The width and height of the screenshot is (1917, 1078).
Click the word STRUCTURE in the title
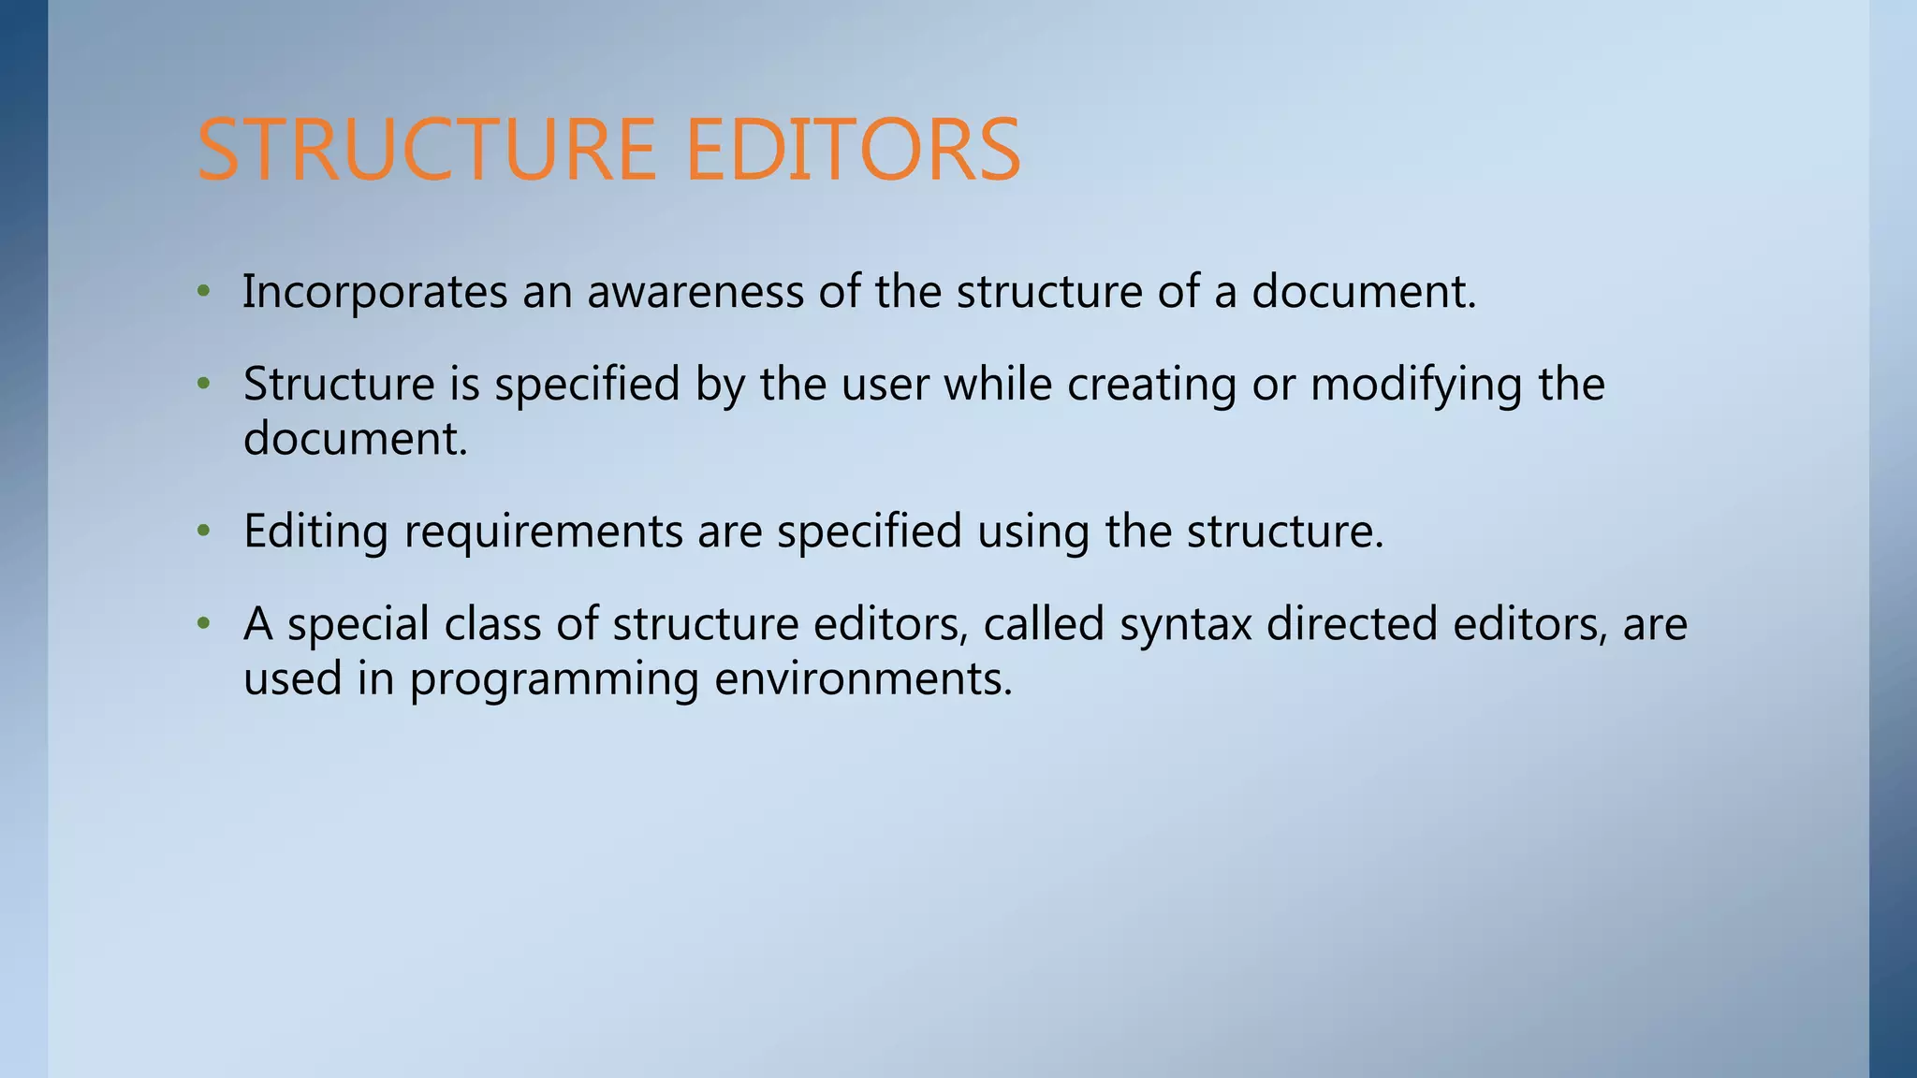(x=426, y=150)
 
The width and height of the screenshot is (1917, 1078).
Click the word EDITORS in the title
(x=853, y=150)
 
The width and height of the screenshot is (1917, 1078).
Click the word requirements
(x=543, y=532)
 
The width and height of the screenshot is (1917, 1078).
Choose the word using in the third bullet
(x=1033, y=532)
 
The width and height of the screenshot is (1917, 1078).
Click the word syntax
(x=1185, y=624)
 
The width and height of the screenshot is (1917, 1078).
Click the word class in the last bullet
(x=492, y=623)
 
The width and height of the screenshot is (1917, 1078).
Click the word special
(x=358, y=624)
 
